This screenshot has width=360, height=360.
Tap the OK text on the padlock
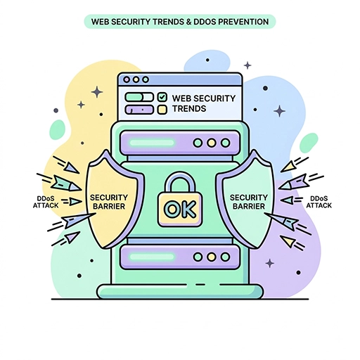point(180,209)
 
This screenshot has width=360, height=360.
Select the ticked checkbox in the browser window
point(162,97)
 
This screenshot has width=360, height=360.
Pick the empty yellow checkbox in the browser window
point(162,110)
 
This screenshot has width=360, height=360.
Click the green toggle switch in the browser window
point(139,97)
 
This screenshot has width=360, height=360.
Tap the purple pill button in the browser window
point(139,110)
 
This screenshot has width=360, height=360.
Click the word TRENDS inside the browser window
point(189,109)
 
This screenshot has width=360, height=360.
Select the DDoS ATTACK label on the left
point(46,202)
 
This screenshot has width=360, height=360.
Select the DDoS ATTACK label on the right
point(319,202)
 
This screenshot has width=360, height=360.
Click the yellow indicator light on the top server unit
point(212,143)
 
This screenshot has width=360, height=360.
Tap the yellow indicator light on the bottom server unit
point(212,257)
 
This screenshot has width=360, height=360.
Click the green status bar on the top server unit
point(152,143)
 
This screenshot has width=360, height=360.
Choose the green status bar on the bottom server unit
point(152,257)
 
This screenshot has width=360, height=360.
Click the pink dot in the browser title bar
point(127,79)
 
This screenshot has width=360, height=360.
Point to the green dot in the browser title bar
point(146,79)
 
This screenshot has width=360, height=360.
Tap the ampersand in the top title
point(188,22)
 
